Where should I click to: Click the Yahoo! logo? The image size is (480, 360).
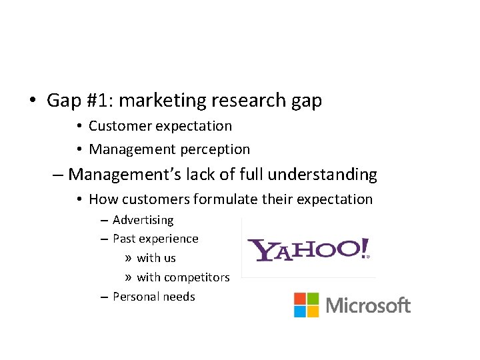pyautogui.click(x=308, y=249)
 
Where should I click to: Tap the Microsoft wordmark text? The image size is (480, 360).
pyautogui.click(x=368, y=306)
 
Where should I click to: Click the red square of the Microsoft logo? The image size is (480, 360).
pyautogui.click(x=299, y=299)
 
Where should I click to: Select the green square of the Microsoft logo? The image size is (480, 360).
pyautogui.click(x=312, y=299)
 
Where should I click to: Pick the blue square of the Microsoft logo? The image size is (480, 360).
pyautogui.click(x=299, y=311)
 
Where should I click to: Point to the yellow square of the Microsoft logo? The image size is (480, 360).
pyautogui.click(x=312, y=311)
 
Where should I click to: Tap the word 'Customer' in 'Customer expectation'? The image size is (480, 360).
pyautogui.click(x=119, y=126)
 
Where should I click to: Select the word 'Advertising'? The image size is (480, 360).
pyautogui.click(x=143, y=220)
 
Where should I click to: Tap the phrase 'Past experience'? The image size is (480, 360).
pyautogui.click(x=155, y=239)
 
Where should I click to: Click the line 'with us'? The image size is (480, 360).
pyautogui.click(x=156, y=258)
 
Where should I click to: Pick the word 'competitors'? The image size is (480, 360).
pyautogui.click(x=197, y=277)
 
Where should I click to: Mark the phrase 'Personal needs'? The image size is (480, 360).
pyautogui.click(x=153, y=297)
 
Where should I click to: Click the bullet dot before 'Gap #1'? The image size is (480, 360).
pyautogui.click(x=32, y=101)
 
